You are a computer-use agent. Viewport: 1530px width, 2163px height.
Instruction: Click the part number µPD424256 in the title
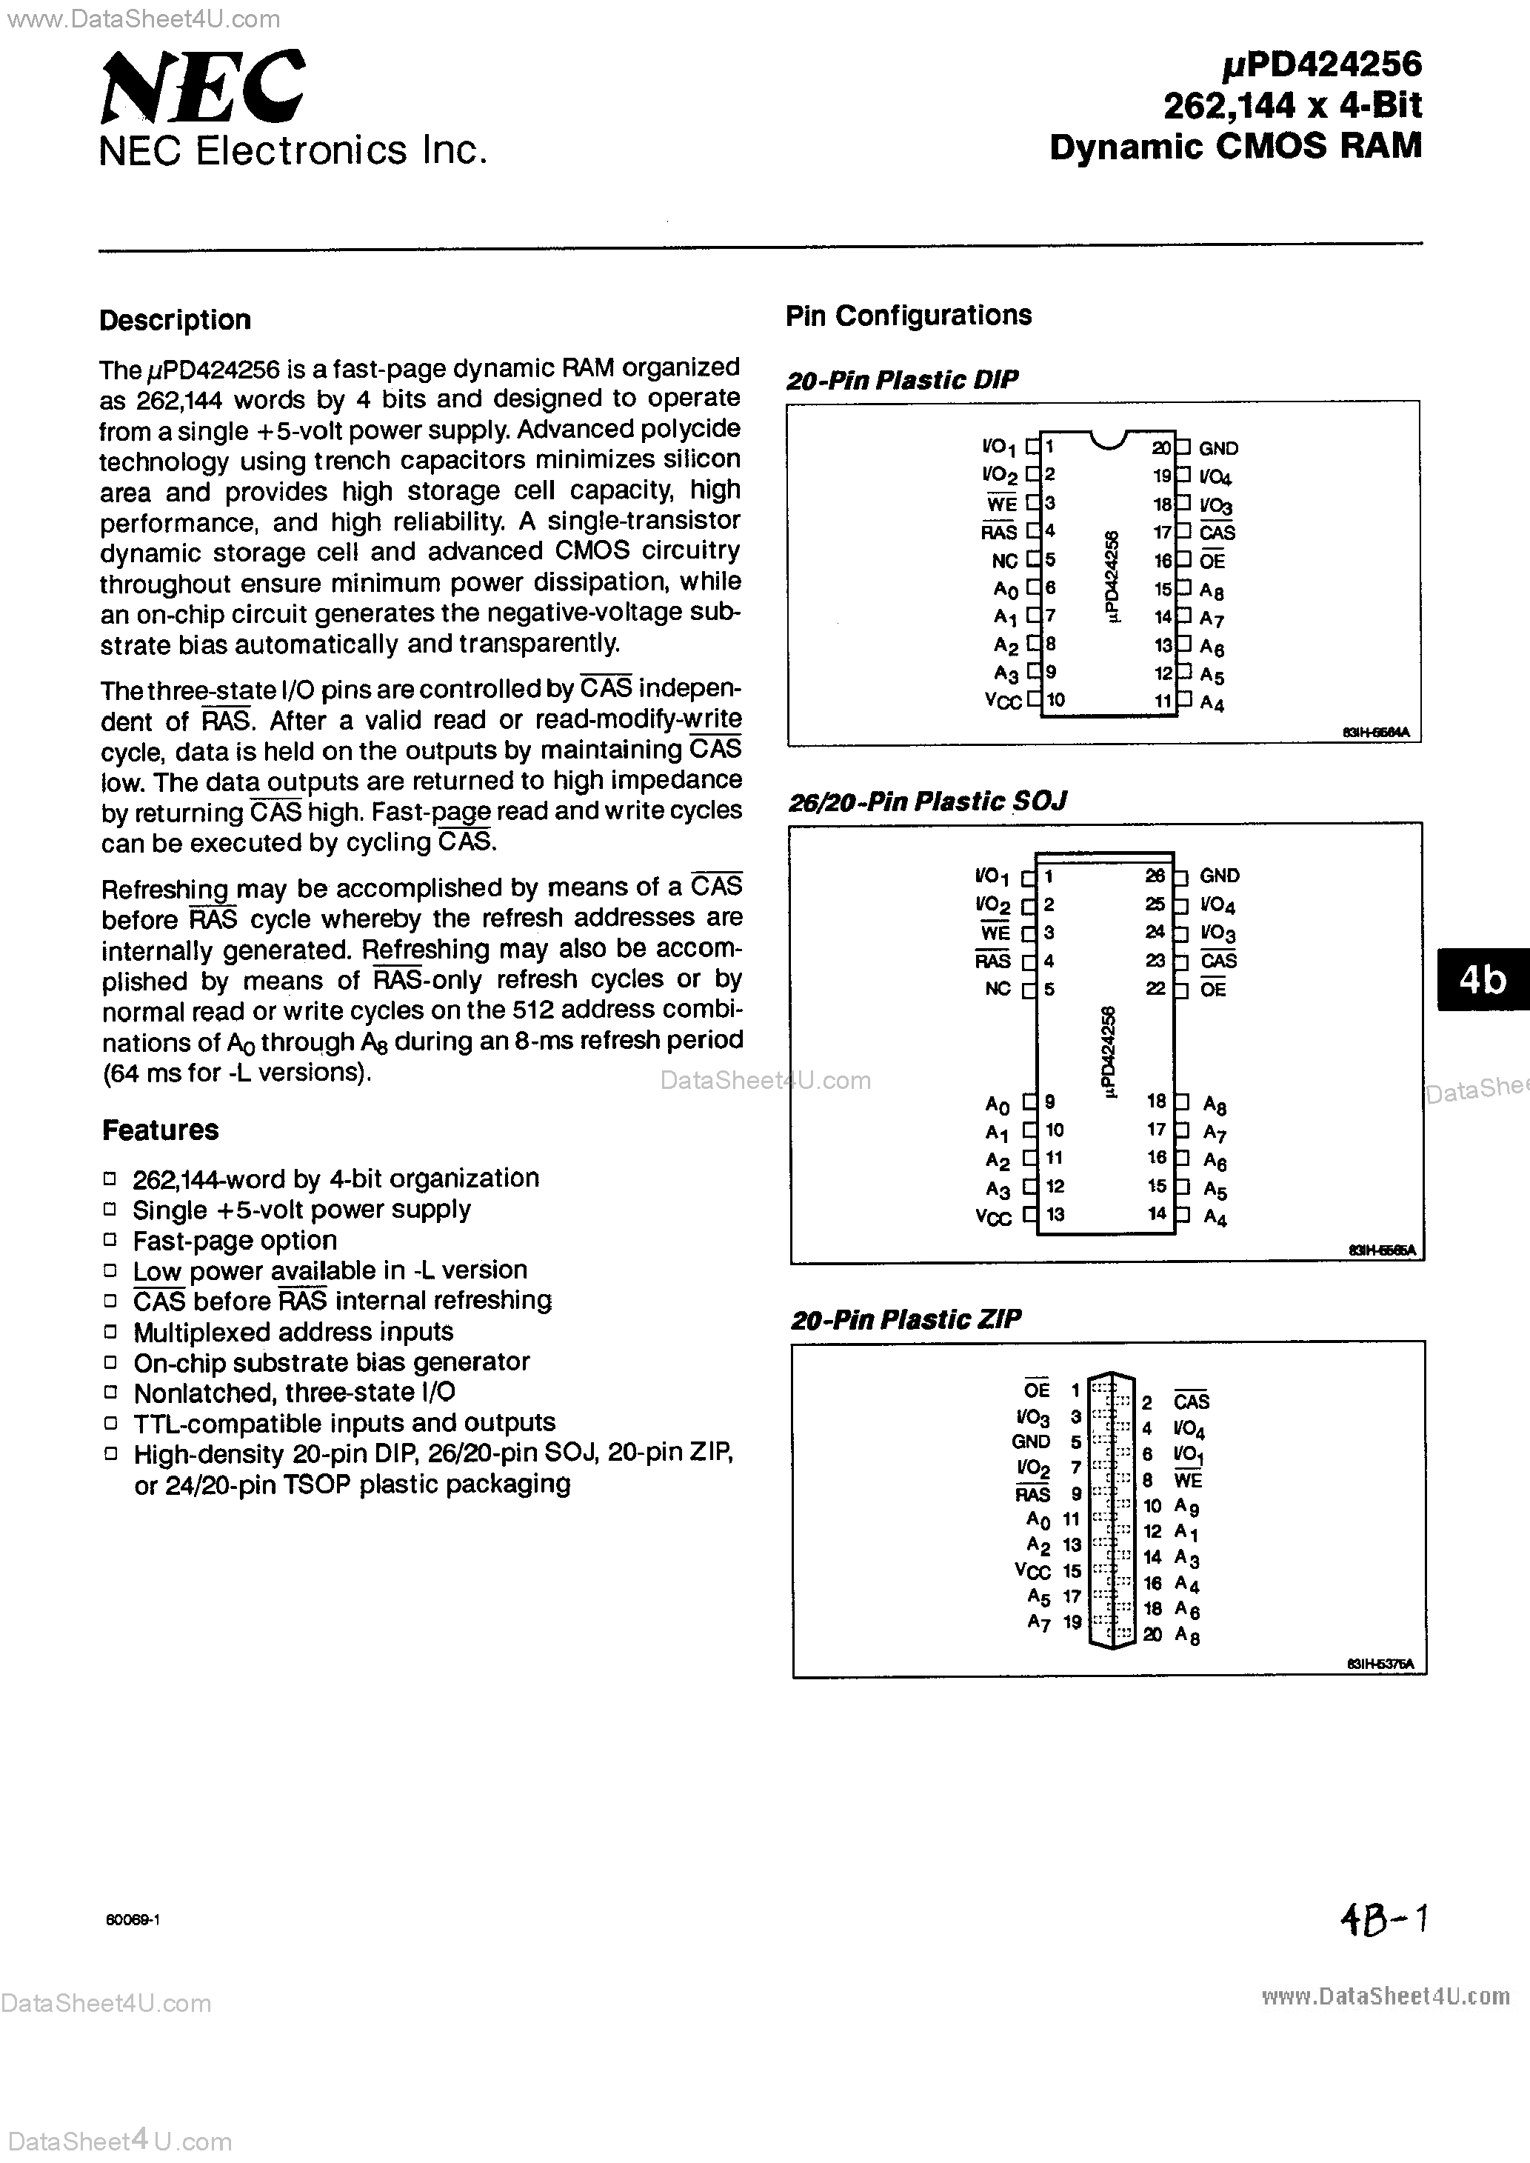coord(1322,64)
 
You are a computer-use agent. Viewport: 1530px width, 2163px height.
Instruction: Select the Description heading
coord(176,320)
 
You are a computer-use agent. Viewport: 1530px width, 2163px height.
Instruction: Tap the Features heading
coord(160,1130)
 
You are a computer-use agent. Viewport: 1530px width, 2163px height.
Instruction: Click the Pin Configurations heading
coord(908,316)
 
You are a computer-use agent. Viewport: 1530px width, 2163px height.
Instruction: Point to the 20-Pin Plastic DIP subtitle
coord(901,380)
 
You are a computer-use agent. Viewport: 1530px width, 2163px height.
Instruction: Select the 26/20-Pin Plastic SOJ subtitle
coord(927,801)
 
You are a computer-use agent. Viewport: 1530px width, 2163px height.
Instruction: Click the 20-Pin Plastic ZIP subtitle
coord(906,1319)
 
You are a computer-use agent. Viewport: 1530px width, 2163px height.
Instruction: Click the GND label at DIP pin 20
coord(1218,448)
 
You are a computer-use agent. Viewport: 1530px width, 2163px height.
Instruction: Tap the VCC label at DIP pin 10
coord(1003,701)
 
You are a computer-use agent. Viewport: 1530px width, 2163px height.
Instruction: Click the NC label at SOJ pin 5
coord(998,989)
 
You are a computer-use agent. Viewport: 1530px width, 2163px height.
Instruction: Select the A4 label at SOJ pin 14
coord(1215,1218)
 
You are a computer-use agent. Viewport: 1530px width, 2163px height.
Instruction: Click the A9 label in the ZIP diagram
coord(1187,1507)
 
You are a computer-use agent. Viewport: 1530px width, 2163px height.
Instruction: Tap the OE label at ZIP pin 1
coord(1036,1390)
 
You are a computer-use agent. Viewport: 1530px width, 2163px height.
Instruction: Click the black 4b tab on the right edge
coord(1482,980)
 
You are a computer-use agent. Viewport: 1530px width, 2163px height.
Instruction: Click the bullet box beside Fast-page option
coord(110,1240)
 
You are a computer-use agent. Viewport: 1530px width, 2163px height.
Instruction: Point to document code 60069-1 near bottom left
coord(133,1920)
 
